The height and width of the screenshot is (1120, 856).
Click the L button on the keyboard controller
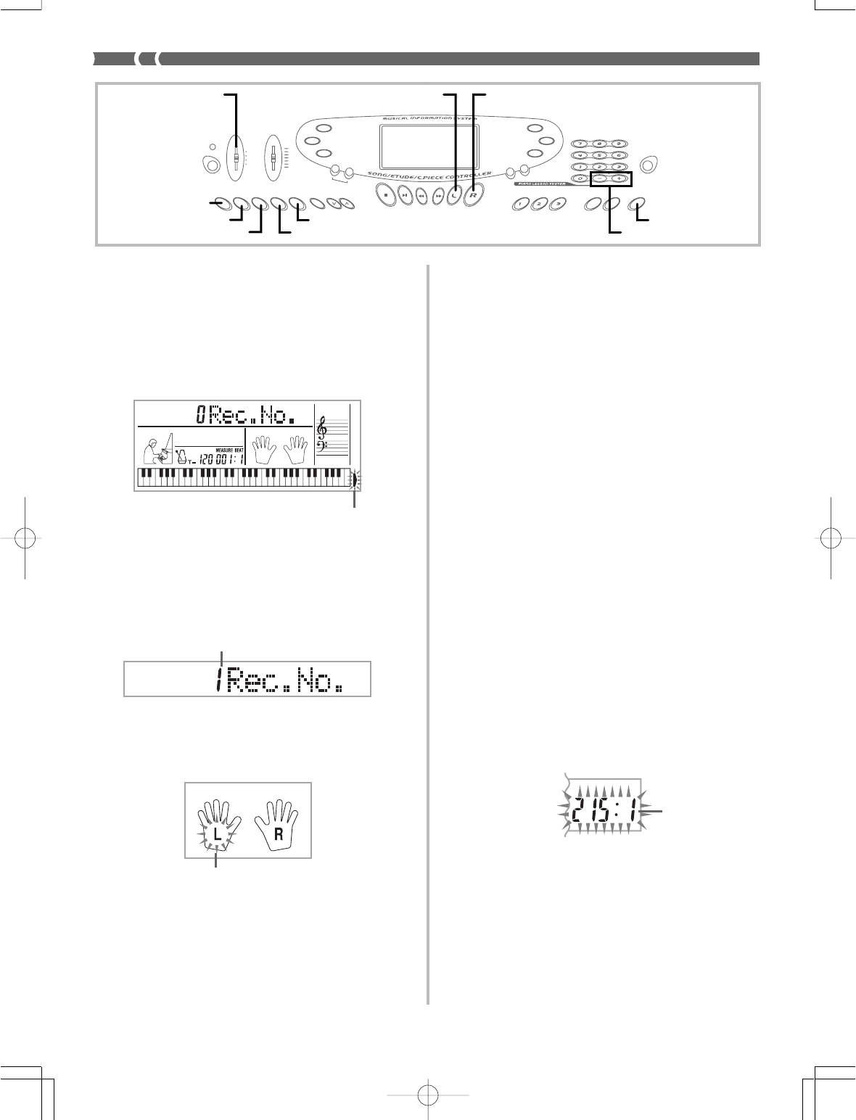click(x=454, y=195)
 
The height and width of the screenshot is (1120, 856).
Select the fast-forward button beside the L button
click(x=438, y=195)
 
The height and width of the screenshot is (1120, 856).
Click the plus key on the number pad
click(x=619, y=178)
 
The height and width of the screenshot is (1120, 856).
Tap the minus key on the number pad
click(x=599, y=178)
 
